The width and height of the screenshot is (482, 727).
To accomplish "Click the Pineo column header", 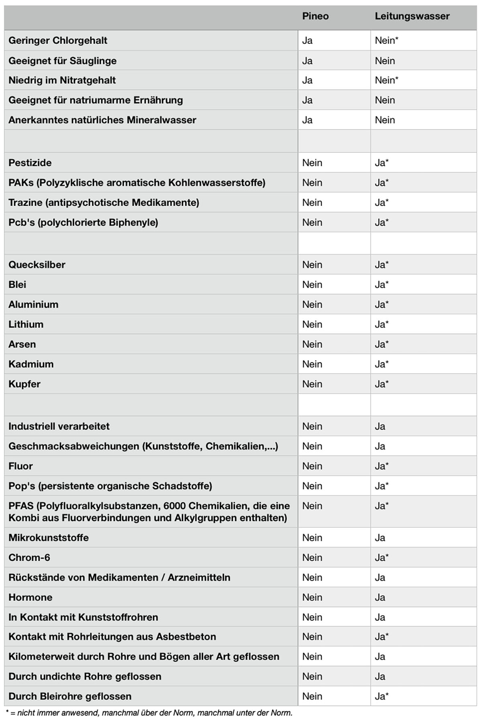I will coord(315,16).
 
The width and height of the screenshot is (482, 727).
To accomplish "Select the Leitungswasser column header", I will coord(412,16).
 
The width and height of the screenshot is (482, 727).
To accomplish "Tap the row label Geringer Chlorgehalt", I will coord(58,41).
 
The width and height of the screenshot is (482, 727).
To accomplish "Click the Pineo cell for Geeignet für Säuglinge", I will coord(307,61).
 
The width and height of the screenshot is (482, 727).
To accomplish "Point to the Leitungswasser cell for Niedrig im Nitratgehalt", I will coord(386,80).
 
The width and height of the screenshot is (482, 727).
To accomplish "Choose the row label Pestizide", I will coord(30,163).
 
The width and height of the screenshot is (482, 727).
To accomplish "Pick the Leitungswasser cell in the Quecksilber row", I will coord(382,265).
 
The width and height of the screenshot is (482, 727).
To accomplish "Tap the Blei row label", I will coord(17,285).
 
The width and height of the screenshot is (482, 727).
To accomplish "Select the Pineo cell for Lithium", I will coord(312,324).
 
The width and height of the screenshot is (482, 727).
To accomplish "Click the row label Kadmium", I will coord(31,364).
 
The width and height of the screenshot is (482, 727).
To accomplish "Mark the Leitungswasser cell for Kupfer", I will coord(382,384).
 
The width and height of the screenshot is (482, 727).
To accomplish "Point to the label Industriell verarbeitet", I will coord(59,426).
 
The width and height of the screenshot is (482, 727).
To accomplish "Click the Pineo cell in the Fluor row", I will coord(312,466).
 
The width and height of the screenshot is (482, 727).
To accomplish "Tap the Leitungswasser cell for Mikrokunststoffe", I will coord(380,538).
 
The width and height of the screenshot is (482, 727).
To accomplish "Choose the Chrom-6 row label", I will coord(29,558).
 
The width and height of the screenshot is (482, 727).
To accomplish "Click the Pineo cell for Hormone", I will coord(312,597).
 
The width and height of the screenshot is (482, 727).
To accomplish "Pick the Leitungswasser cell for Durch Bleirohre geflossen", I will coord(382,696).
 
